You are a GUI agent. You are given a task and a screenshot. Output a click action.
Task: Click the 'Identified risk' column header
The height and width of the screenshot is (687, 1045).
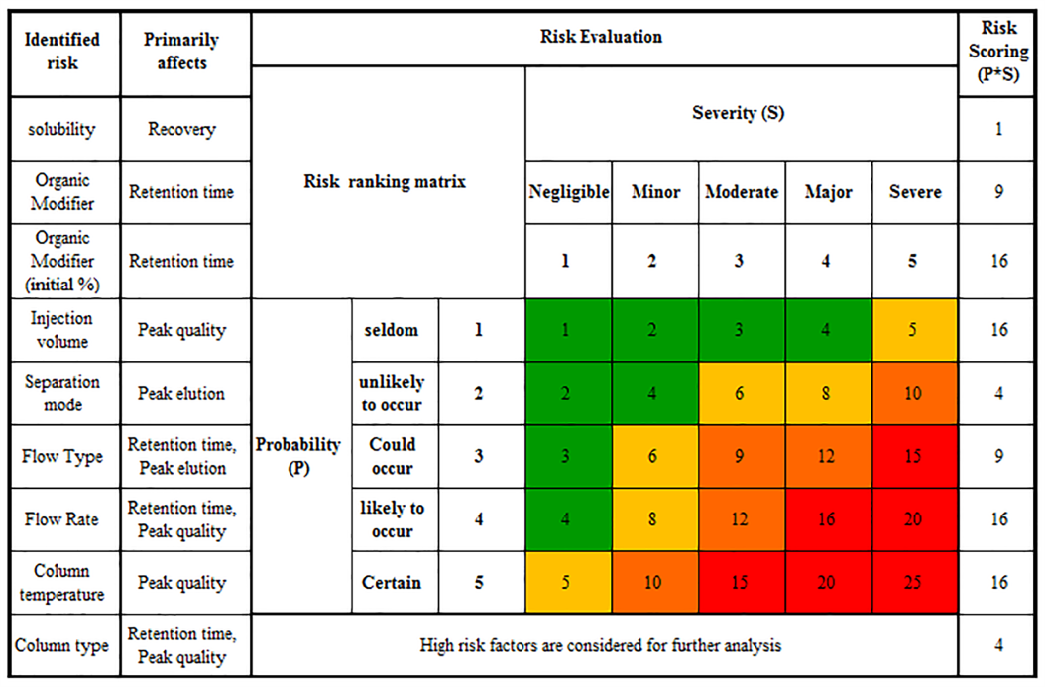(x=61, y=52)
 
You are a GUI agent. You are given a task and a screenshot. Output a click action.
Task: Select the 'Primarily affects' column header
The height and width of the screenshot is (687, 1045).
(x=181, y=52)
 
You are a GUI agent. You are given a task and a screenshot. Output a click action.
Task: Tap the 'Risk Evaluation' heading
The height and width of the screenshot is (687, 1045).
(x=601, y=38)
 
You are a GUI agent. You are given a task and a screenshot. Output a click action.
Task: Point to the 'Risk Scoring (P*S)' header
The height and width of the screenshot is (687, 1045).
(x=999, y=52)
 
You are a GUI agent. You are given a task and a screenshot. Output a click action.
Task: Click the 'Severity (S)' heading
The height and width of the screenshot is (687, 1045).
(x=738, y=113)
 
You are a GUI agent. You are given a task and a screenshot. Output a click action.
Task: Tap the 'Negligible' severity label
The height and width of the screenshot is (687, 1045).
(x=568, y=192)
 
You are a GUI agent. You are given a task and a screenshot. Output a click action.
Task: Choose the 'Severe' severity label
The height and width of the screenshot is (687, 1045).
(x=914, y=192)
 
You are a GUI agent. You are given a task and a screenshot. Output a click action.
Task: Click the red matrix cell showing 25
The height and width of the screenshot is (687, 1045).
(x=914, y=583)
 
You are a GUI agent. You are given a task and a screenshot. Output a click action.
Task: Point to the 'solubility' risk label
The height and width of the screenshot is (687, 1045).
(x=61, y=129)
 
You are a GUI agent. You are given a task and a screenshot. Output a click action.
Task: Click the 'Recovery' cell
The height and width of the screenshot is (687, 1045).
(x=181, y=129)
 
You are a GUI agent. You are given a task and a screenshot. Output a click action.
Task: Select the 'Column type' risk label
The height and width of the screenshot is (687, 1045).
(x=61, y=646)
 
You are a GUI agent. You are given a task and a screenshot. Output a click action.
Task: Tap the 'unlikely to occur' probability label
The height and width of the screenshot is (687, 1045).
(x=394, y=394)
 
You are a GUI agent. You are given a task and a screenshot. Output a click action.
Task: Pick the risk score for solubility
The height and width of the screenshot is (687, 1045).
(x=999, y=129)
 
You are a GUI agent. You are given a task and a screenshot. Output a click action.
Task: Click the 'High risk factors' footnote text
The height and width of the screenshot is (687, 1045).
(x=601, y=646)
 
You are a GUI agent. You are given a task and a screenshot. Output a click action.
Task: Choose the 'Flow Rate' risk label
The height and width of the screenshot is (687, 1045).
(x=61, y=519)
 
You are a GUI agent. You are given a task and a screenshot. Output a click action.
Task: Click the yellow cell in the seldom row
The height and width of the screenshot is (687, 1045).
(x=914, y=330)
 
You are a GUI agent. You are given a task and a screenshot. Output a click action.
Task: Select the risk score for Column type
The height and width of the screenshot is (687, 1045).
(x=999, y=646)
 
